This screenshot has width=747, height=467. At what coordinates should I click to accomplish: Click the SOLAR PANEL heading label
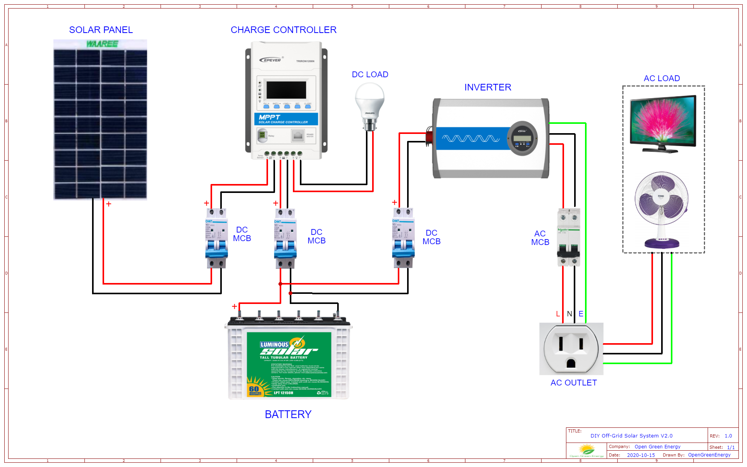pos(101,30)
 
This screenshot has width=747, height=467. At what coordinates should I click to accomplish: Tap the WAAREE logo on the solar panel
pos(102,44)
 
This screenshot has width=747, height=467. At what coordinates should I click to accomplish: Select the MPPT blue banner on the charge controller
pos(286,119)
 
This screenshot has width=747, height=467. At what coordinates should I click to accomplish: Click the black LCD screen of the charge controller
pos(286,90)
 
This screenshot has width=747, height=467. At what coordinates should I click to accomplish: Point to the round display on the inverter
pos(522,138)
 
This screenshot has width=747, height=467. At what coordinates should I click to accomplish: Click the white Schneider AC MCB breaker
pos(568,237)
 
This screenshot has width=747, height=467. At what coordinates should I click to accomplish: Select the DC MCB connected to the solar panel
pos(216,238)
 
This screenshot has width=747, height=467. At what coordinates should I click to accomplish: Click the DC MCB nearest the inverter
pos(403,238)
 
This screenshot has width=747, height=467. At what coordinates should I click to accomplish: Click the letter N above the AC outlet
pos(569,314)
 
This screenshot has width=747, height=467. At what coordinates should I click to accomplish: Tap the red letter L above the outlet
pos(558,314)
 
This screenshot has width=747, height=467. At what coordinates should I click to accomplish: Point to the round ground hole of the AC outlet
pos(571,363)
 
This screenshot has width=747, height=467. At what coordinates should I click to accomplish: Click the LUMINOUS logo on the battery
pos(274,344)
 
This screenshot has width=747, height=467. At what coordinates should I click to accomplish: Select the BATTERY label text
pos(288,414)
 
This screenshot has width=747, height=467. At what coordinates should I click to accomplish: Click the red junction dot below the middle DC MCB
pos(280,284)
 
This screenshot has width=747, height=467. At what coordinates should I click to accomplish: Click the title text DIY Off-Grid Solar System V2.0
pos(631,436)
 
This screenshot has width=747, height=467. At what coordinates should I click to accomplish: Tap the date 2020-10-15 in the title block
pos(641,455)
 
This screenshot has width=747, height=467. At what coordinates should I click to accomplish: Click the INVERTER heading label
pos(488,87)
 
